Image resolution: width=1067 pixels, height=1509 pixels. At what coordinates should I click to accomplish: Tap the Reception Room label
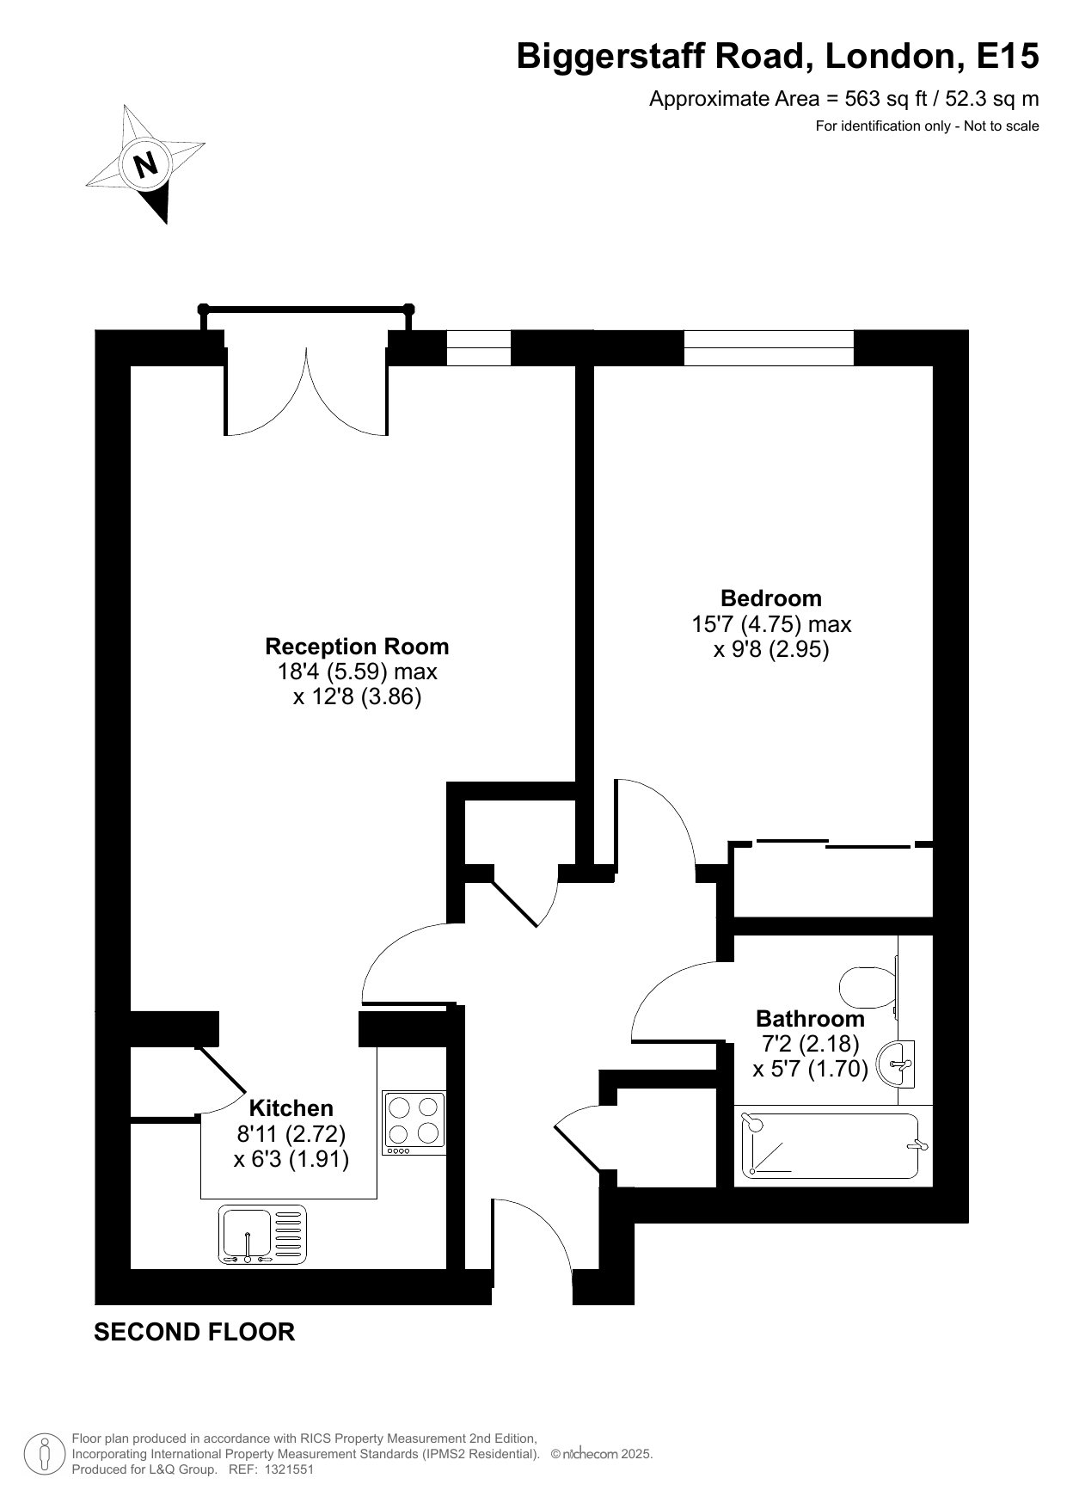pyautogui.click(x=357, y=647)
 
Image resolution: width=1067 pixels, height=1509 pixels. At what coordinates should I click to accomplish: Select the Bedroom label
pyautogui.click(x=771, y=598)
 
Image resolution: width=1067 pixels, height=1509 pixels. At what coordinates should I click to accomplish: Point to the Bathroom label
pyautogui.click(x=810, y=1019)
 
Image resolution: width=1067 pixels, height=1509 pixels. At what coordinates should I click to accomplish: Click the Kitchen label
pyautogui.click(x=291, y=1108)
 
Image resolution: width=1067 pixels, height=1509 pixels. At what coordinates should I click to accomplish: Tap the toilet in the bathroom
pyautogui.click(x=868, y=988)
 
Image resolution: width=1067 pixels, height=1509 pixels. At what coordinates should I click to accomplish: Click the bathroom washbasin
pyautogui.click(x=897, y=1064)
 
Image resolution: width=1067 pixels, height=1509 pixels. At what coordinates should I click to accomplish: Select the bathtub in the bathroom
pyautogui.click(x=831, y=1146)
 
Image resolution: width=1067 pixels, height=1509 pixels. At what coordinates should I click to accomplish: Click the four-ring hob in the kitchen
pyautogui.click(x=414, y=1123)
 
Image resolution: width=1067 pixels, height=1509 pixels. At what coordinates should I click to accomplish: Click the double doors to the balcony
pyautogui.click(x=306, y=391)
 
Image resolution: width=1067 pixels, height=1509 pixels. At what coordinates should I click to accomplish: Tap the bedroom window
pyautogui.click(x=769, y=347)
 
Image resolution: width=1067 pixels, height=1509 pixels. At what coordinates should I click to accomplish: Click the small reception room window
pyautogui.click(x=479, y=347)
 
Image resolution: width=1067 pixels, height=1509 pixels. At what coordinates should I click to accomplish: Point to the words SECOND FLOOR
pyautogui.click(x=194, y=1332)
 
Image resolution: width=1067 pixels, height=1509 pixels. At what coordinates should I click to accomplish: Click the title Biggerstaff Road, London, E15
pyautogui.click(x=777, y=57)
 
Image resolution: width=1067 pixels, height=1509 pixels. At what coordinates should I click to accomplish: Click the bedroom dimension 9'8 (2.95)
pyautogui.click(x=771, y=650)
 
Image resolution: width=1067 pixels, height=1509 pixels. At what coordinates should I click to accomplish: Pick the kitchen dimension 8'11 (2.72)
pyautogui.click(x=291, y=1134)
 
